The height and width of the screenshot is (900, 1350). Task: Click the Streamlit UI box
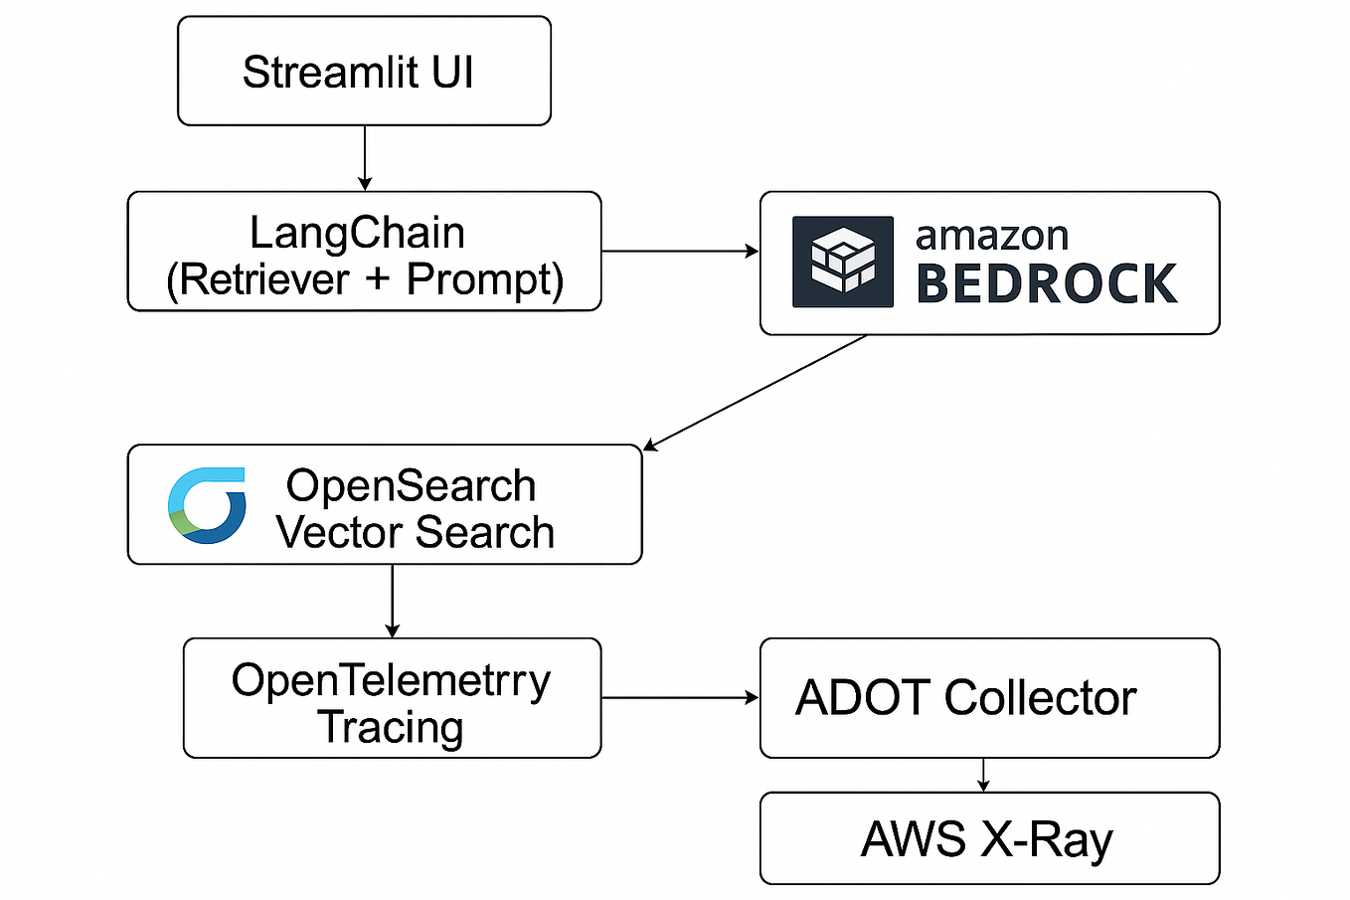tap(364, 72)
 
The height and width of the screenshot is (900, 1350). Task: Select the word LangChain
tap(357, 233)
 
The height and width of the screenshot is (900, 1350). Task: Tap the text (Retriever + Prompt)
tap(365, 279)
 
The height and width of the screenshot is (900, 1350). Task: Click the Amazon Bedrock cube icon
tap(842, 262)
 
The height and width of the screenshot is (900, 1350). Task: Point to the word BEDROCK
tap(1046, 284)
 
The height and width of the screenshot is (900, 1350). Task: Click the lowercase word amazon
tap(991, 236)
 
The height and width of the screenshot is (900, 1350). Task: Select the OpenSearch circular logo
tap(207, 505)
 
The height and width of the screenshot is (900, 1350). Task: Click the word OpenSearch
tap(411, 485)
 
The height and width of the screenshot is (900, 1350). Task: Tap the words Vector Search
tap(415, 532)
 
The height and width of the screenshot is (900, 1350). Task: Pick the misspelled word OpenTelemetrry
tap(391, 680)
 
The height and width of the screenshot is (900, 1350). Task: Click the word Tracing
tap(391, 727)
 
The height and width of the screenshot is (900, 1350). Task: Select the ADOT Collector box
tap(988, 698)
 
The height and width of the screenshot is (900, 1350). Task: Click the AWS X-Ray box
tap(988, 838)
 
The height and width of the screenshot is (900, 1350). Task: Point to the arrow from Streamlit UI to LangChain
tap(365, 157)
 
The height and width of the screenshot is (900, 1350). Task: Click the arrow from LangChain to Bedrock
tap(680, 252)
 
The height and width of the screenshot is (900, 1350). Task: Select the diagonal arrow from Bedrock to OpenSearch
tap(756, 392)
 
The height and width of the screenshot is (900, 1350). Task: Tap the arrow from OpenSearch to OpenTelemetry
tap(393, 601)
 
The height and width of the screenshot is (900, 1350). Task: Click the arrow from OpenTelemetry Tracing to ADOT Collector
tap(680, 698)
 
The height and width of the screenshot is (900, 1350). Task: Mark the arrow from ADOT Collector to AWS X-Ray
tap(983, 775)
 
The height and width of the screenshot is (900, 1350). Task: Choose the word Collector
tap(1040, 698)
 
